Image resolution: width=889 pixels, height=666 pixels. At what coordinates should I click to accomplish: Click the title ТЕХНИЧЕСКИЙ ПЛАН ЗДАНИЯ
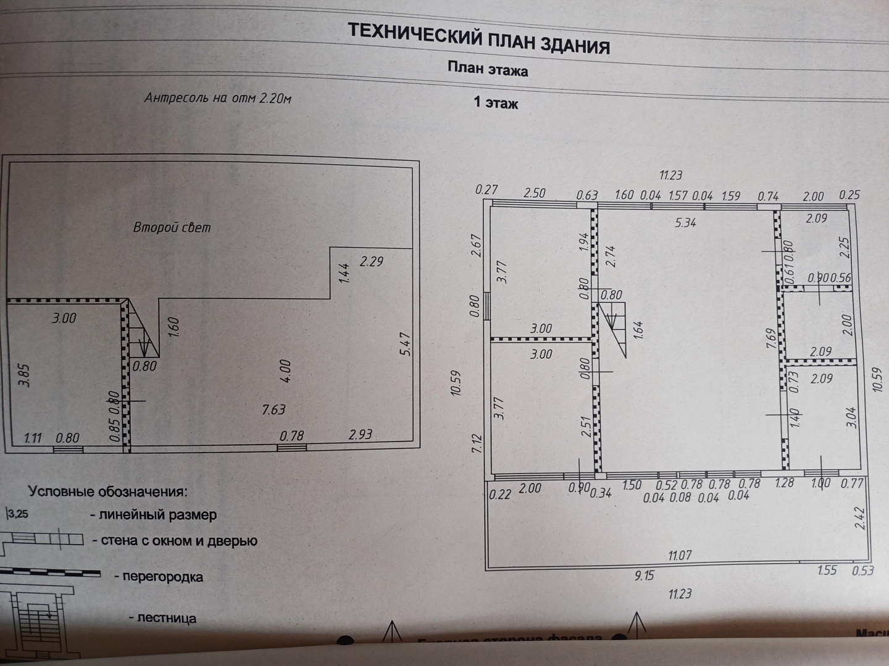[x=478, y=38]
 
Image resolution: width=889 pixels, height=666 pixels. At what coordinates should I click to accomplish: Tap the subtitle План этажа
[x=488, y=69]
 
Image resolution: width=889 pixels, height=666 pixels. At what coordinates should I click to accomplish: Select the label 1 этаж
[x=496, y=102]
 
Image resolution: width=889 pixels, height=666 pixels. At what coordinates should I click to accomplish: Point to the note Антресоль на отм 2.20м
[x=217, y=97]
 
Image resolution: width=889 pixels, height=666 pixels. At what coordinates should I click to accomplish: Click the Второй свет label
[x=172, y=228]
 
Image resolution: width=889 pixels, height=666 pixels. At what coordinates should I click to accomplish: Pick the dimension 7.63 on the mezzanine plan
[x=273, y=409]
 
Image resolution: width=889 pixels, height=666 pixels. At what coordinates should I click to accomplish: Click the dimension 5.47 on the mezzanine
[x=404, y=343]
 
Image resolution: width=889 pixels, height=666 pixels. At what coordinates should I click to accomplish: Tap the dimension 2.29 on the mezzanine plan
[x=371, y=261]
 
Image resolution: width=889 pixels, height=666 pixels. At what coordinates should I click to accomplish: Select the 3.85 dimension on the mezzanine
[x=24, y=375]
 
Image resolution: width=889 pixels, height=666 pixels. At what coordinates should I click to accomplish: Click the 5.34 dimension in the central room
[x=685, y=222]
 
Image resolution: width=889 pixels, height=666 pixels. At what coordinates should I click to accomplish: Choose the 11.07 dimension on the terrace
[x=679, y=556]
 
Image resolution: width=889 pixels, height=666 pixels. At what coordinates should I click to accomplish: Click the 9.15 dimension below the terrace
[x=644, y=576]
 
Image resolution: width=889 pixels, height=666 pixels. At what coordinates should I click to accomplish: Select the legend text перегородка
[x=163, y=577]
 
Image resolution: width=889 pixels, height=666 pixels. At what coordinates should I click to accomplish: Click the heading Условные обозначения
[x=107, y=491]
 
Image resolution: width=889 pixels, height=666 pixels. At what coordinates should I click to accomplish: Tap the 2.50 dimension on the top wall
[x=535, y=193]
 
